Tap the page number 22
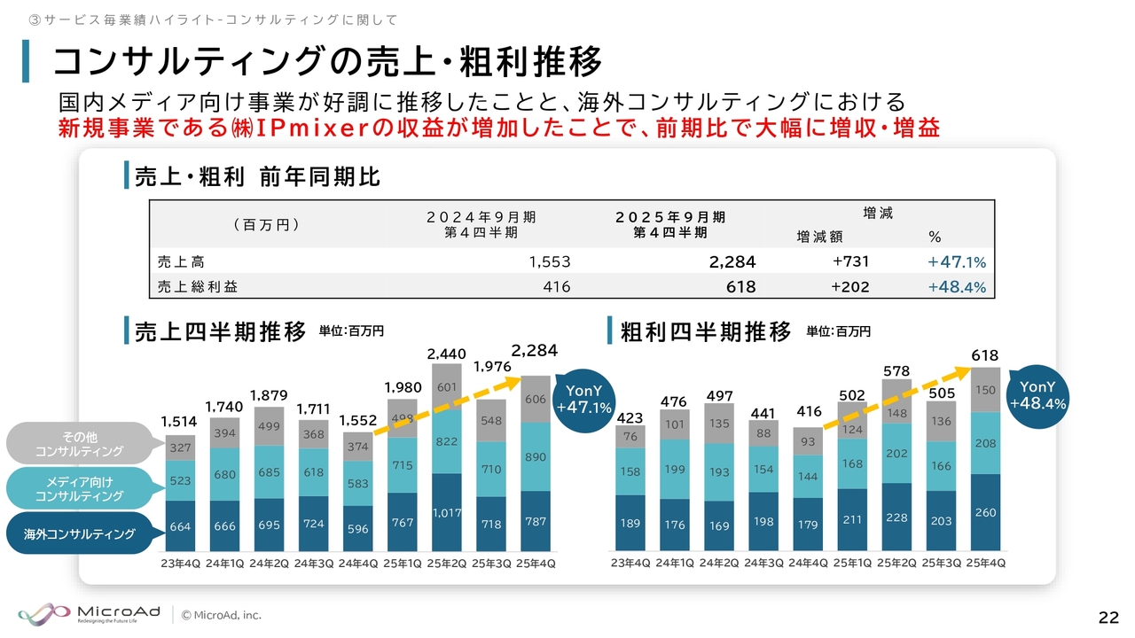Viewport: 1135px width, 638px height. tap(1108, 618)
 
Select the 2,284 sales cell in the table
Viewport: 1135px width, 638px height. tap(732, 261)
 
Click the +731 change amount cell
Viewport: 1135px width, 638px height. tap(850, 261)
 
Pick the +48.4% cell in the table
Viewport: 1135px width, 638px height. tap(957, 287)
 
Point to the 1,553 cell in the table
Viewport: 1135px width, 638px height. tap(549, 261)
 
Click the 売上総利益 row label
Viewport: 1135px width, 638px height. tap(198, 287)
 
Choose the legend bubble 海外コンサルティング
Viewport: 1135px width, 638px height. tap(80, 533)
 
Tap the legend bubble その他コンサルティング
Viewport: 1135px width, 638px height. tap(80, 444)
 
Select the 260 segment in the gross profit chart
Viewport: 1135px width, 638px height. tap(985, 513)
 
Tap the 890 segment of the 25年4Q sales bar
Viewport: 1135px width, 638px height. tap(536, 457)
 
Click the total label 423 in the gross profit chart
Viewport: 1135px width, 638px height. tap(630, 416)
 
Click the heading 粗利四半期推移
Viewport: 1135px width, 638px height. tap(705, 332)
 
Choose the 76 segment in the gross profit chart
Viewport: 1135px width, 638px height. tap(630, 436)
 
